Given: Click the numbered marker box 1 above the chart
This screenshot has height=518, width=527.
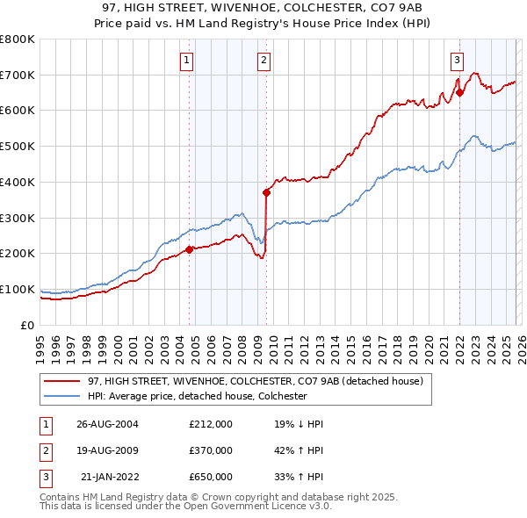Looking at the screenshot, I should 188,61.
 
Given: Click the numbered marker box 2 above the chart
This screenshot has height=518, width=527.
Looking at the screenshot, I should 264,61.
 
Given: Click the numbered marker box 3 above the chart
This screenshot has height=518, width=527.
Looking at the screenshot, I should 458,61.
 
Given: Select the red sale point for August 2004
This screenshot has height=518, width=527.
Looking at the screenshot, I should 189,249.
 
